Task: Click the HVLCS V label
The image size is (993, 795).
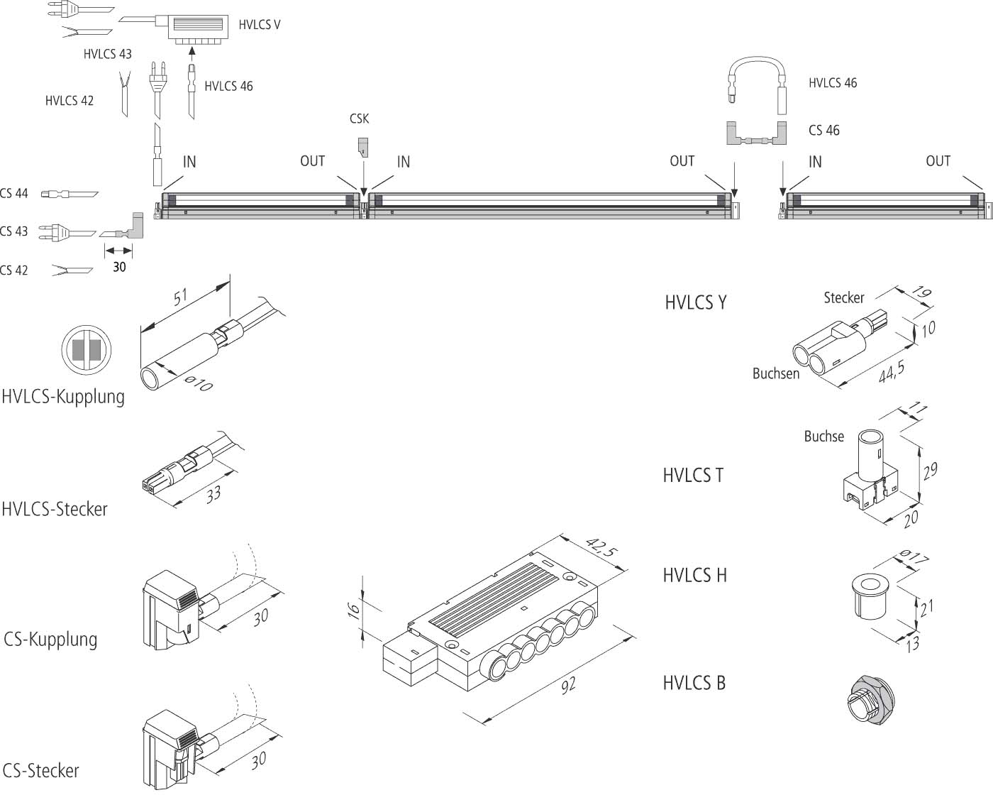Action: click(x=259, y=25)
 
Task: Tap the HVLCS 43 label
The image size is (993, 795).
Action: click(x=107, y=54)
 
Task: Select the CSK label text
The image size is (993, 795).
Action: click(x=359, y=119)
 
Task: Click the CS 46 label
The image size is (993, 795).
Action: click(x=823, y=131)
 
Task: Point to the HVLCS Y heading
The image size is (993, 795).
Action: click(x=695, y=302)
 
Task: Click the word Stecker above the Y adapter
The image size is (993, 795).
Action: click(x=843, y=297)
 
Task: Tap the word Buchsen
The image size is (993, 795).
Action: click(x=775, y=373)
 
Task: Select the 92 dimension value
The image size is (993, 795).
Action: click(x=567, y=684)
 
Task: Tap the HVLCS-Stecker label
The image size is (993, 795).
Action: click(x=55, y=509)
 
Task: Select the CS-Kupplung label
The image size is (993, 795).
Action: click(x=50, y=639)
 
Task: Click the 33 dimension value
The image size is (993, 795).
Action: click(x=213, y=494)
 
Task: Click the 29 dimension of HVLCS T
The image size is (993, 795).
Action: click(x=930, y=471)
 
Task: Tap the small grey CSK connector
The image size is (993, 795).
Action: click(x=362, y=147)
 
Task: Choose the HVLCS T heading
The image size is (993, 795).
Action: click(x=693, y=475)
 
